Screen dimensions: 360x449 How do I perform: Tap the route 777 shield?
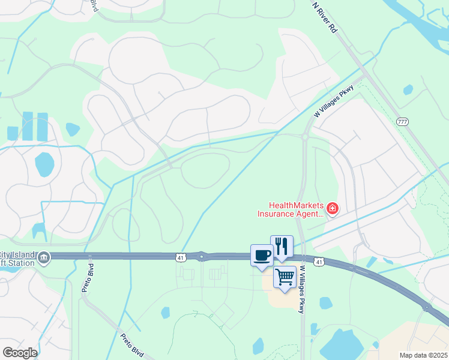[x=402, y=122]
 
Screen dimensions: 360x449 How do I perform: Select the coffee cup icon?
[x=262, y=255]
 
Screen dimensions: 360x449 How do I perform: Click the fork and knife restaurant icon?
[x=282, y=246]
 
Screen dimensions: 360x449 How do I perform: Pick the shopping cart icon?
[x=285, y=277]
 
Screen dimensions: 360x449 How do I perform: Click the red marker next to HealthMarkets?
[x=333, y=209]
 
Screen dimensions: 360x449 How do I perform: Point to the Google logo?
[x=20, y=353]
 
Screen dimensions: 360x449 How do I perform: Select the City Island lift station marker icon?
[x=43, y=258]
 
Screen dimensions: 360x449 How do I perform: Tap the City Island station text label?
[x=18, y=258]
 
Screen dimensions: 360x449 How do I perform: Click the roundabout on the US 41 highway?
[x=202, y=257]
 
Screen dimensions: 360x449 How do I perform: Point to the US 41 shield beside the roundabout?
[x=181, y=257]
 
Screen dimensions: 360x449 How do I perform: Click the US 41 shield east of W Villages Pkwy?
[x=320, y=262]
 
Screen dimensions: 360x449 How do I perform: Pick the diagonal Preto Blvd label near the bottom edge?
[x=133, y=346]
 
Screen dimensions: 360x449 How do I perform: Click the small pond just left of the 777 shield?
[x=408, y=90]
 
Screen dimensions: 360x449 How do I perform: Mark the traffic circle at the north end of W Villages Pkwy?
[x=305, y=137]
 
